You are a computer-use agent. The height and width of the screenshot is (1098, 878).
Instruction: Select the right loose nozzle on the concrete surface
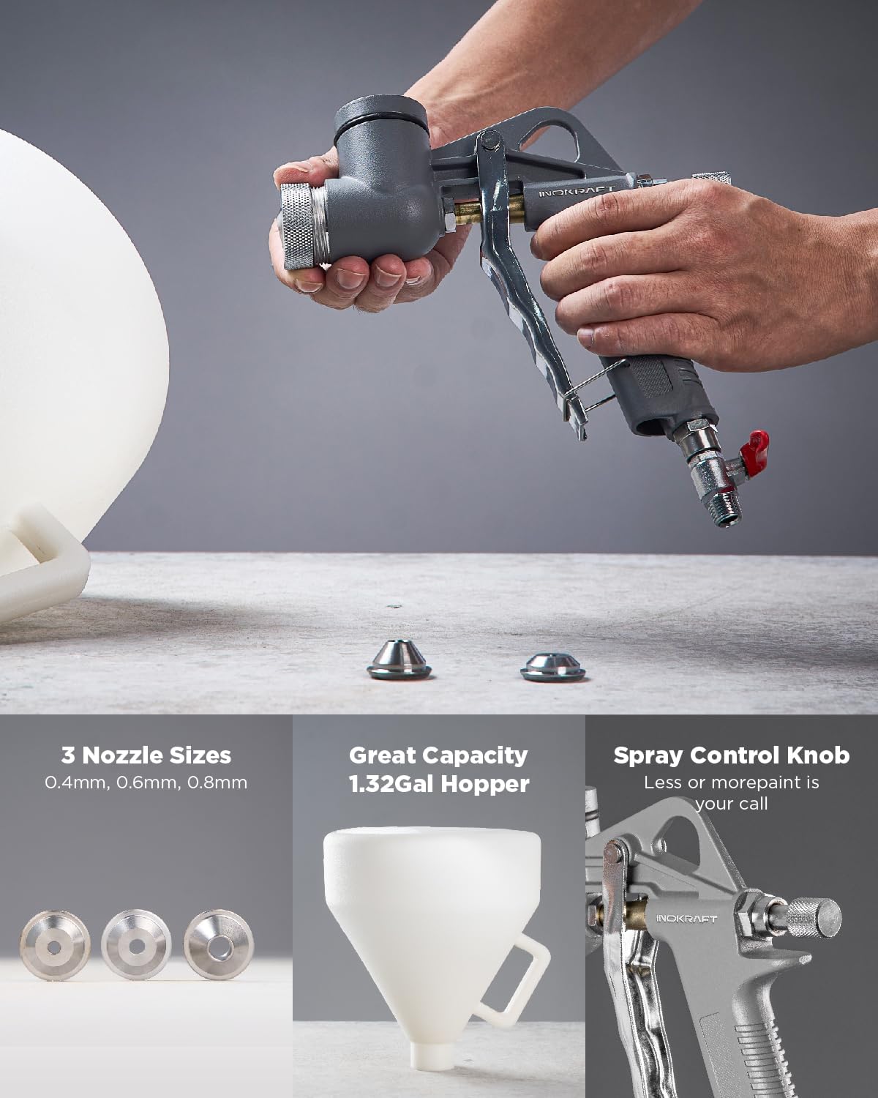tap(554, 666)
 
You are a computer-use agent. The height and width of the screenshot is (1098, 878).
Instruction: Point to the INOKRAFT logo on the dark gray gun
tap(577, 191)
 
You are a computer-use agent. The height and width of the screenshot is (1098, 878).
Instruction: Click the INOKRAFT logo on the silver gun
tap(686, 918)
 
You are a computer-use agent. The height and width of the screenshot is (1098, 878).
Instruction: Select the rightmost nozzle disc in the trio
tap(217, 945)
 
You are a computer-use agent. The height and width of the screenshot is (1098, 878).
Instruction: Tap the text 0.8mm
tap(217, 783)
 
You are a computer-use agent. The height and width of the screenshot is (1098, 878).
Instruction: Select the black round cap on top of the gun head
tap(381, 117)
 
